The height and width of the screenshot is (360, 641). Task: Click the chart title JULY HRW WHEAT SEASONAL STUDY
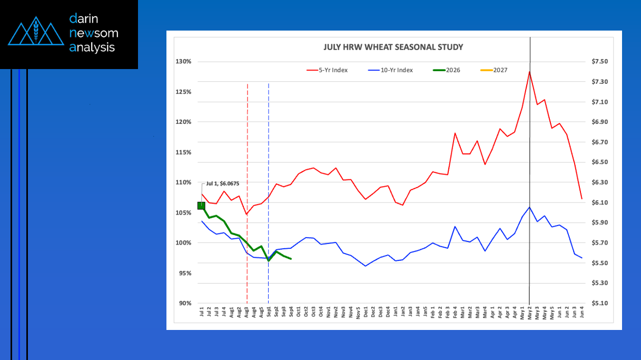(x=393, y=47)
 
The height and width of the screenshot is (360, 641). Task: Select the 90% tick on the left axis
(x=185, y=304)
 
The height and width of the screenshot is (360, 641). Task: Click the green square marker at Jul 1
(x=201, y=206)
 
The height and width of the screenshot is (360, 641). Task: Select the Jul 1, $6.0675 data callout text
(x=223, y=183)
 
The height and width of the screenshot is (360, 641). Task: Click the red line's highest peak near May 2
(x=529, y=72)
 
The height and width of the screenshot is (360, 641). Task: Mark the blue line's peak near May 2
(x=529, y=207)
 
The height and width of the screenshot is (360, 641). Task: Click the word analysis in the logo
(x=92, y=47)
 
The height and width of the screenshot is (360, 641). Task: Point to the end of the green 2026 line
(x=291, y=259)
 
